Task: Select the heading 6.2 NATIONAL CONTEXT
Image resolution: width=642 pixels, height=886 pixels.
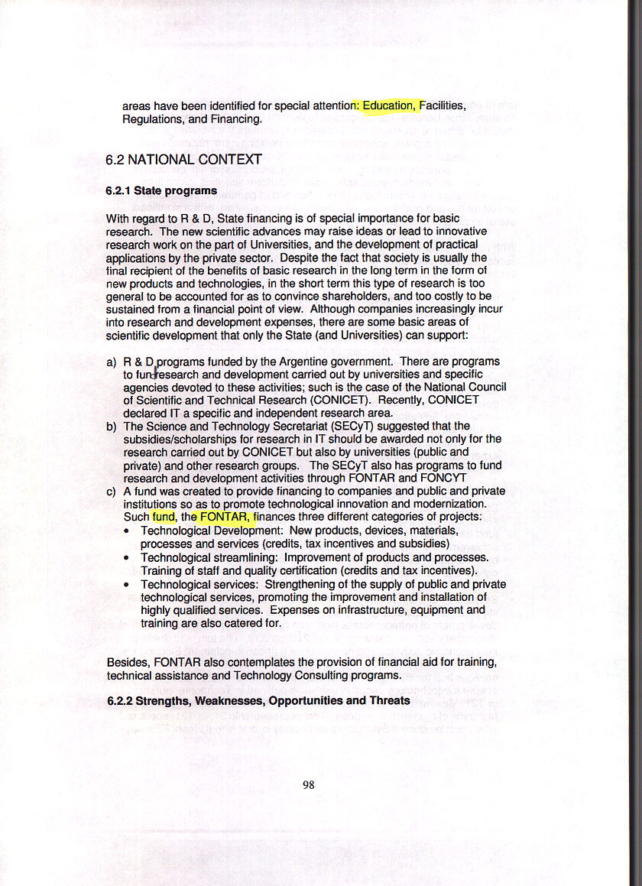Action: pos(183,160)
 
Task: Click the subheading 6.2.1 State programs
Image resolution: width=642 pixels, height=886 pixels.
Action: pos(161,190)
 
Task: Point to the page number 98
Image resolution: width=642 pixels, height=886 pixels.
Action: pos(309,784)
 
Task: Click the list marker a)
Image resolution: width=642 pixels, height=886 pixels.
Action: pos(112,362)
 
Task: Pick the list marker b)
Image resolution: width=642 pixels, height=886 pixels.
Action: pos(112,426)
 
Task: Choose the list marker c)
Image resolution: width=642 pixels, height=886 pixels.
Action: pos(112,491)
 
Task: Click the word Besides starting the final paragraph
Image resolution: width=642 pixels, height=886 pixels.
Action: pos(128,662)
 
